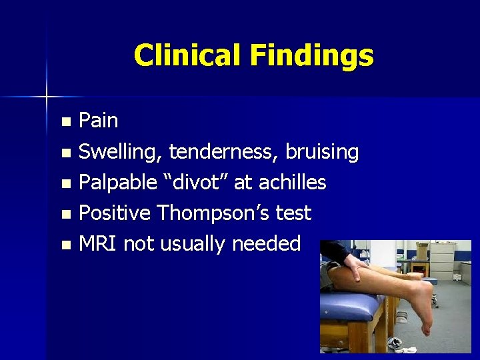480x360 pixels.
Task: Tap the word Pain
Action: click(99, 121)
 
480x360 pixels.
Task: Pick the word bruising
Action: click(322, 153)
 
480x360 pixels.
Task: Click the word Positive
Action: click(115, 213)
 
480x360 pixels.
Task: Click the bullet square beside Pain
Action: click(65, 122)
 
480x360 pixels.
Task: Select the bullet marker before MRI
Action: click(65, 245)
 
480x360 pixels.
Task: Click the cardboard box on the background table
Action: click(422, 251)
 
